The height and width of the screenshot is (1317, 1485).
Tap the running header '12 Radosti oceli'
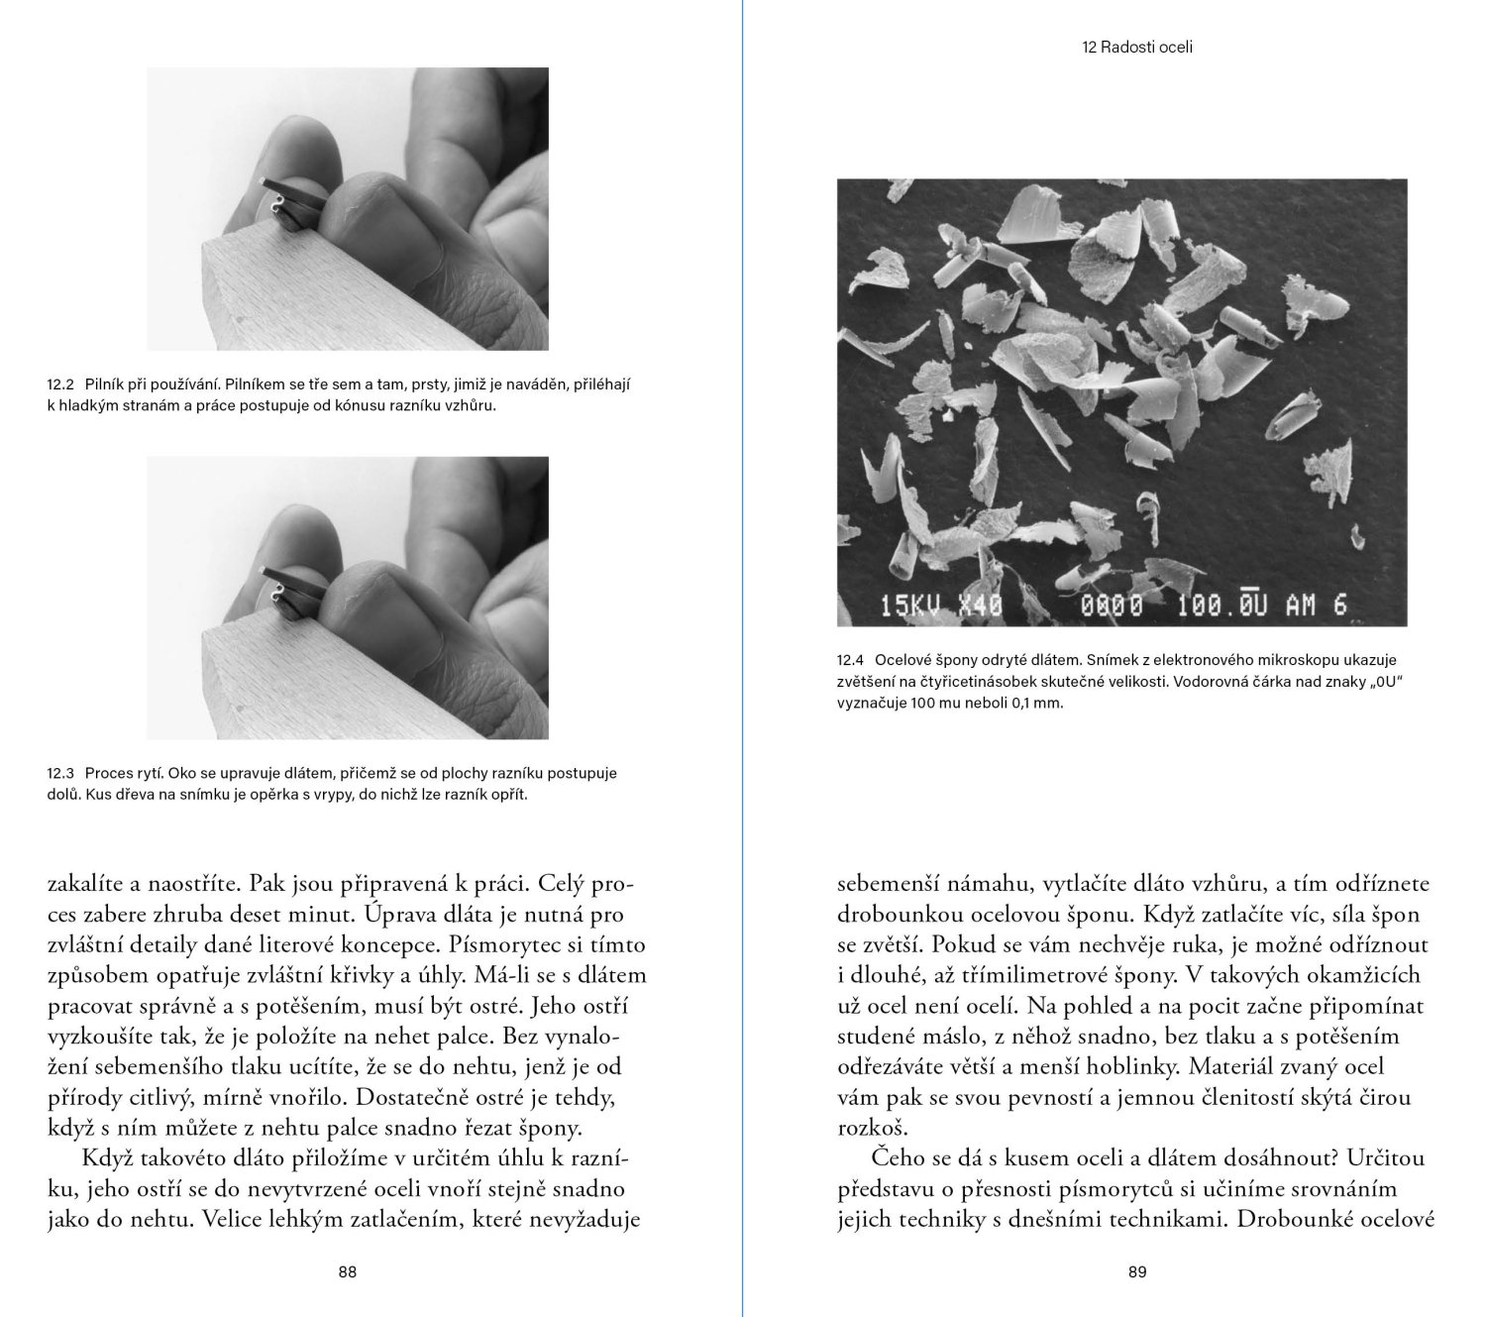click(x=1137, y=47)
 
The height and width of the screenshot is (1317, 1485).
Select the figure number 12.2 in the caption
click(x=60, y=384)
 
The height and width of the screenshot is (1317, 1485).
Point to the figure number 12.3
click(x=60, y=773)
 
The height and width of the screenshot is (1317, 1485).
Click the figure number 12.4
click(x=851, y=659)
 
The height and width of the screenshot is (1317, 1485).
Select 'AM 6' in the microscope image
click(x=1317, y=604)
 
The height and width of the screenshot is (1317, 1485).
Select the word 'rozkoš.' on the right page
click(x=872, y=1128)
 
